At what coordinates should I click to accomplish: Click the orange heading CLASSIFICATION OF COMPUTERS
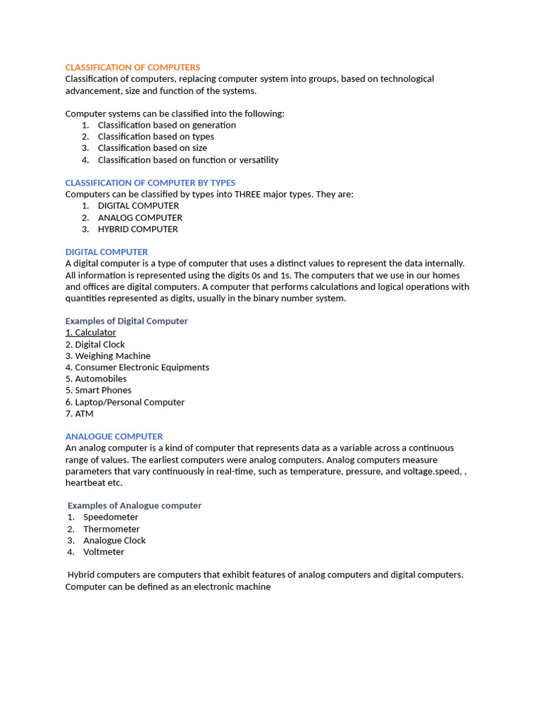point(132,67)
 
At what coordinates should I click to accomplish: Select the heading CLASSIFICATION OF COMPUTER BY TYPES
point(150,183)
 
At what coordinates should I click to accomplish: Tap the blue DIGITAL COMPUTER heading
point(106,252)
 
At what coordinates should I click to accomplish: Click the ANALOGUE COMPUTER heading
point(114,436)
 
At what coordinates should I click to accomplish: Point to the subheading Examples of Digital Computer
point(127,321)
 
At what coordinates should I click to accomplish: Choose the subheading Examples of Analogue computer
point(135,506)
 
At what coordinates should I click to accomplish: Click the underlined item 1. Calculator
point(91,333)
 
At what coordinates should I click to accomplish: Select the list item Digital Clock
point(99,345)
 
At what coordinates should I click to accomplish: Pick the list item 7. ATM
point(80,414)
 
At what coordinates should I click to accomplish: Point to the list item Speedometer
point(111,517)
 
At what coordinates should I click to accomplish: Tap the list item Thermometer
point(111,529)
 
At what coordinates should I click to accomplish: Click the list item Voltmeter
point(104,552)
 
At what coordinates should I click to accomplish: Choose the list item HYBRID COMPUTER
point(137,229)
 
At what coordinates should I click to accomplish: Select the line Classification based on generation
point(167,125)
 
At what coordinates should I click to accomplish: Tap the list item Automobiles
point(101,379)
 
